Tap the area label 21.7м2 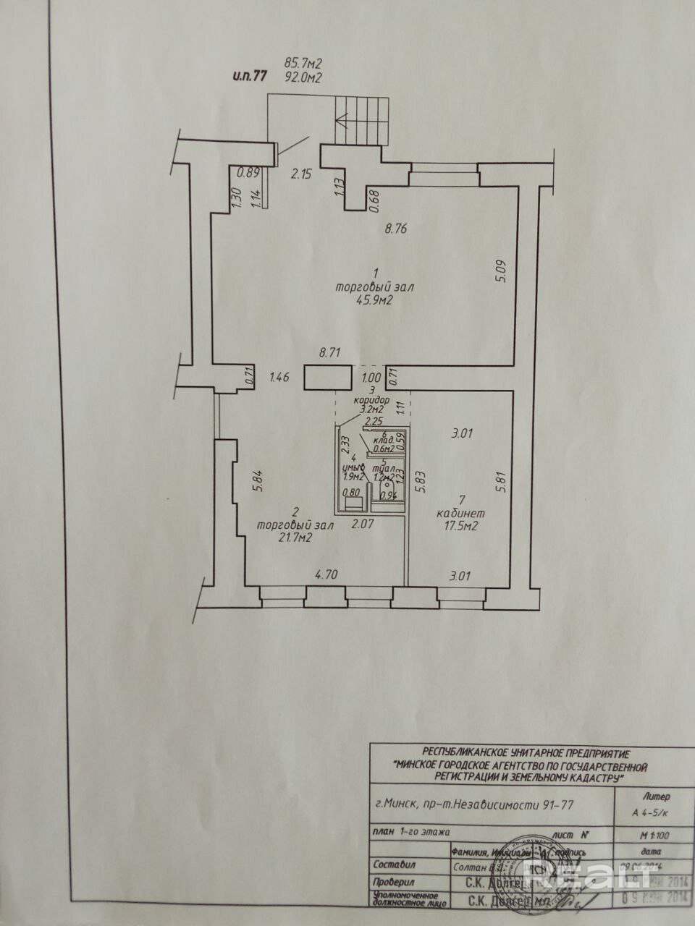285,538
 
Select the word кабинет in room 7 460,513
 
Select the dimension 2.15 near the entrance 302,174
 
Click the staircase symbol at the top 361,119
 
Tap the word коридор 371,399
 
